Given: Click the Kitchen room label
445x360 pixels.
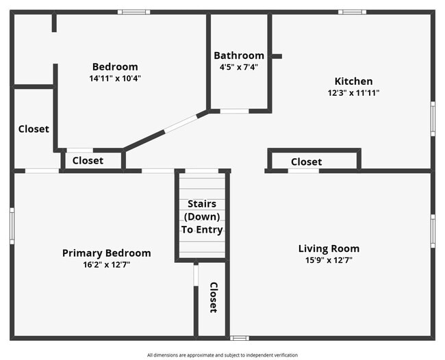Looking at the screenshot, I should pyautogui.click(x=353, y=81).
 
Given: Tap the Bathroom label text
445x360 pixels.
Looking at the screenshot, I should pyautogui.click(x=239, y=55).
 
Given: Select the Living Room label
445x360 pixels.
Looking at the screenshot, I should pyautogui.click(x=329, y=248).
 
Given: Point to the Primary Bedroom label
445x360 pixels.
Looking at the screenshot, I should pyautogui.click(x=106, y=253).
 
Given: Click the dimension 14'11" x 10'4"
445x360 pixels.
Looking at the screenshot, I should pyautogui.click(x=116, y=78).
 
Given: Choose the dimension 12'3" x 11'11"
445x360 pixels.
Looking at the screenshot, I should pyautogui.click(x=353, y=92).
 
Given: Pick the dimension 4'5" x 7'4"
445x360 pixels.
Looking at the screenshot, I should pyautogui.click(x=239, y=67).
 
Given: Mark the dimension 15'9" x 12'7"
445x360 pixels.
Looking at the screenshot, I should pyautogui.click(x=329, y=260).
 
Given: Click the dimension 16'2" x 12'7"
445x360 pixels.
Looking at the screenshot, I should pyautogui.click(x=106, y=264).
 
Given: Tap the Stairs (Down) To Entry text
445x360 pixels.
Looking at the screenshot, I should pyautogui.click(x=202, y=216).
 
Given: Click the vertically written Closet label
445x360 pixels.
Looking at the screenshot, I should pyautogui.click(x=213, y=297).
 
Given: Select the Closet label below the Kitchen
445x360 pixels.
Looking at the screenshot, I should pyautogui.click(x=306, y=162).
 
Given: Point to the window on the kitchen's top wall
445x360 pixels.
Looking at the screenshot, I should pyautogui.click(x=352, y=12).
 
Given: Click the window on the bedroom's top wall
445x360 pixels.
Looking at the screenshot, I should pyautogui.click(x=133, y=12).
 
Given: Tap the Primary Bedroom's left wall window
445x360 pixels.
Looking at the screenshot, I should pyautogui.click(x=12, y=226).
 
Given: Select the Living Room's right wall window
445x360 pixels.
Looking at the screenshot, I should pyautogui.click(x=433, y=231).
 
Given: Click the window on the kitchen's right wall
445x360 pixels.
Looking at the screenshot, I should pyautogui.click(x=433, y=118).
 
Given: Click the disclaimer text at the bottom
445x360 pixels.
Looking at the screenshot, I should pyautogui.click(x=222, y=355).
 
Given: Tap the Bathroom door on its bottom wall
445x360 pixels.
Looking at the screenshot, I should pyautogui.click(x=234, y=111).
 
